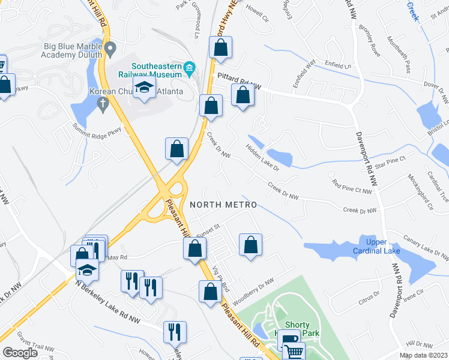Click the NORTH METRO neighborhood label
coord(223,205)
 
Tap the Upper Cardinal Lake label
coord(375,245)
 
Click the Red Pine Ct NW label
coord(352,185)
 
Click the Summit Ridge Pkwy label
coord(97,128)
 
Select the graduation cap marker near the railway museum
coord(144,90)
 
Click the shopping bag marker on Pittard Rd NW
coord(243,96)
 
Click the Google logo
coord(20,353)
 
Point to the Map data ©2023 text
coord(423,355)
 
